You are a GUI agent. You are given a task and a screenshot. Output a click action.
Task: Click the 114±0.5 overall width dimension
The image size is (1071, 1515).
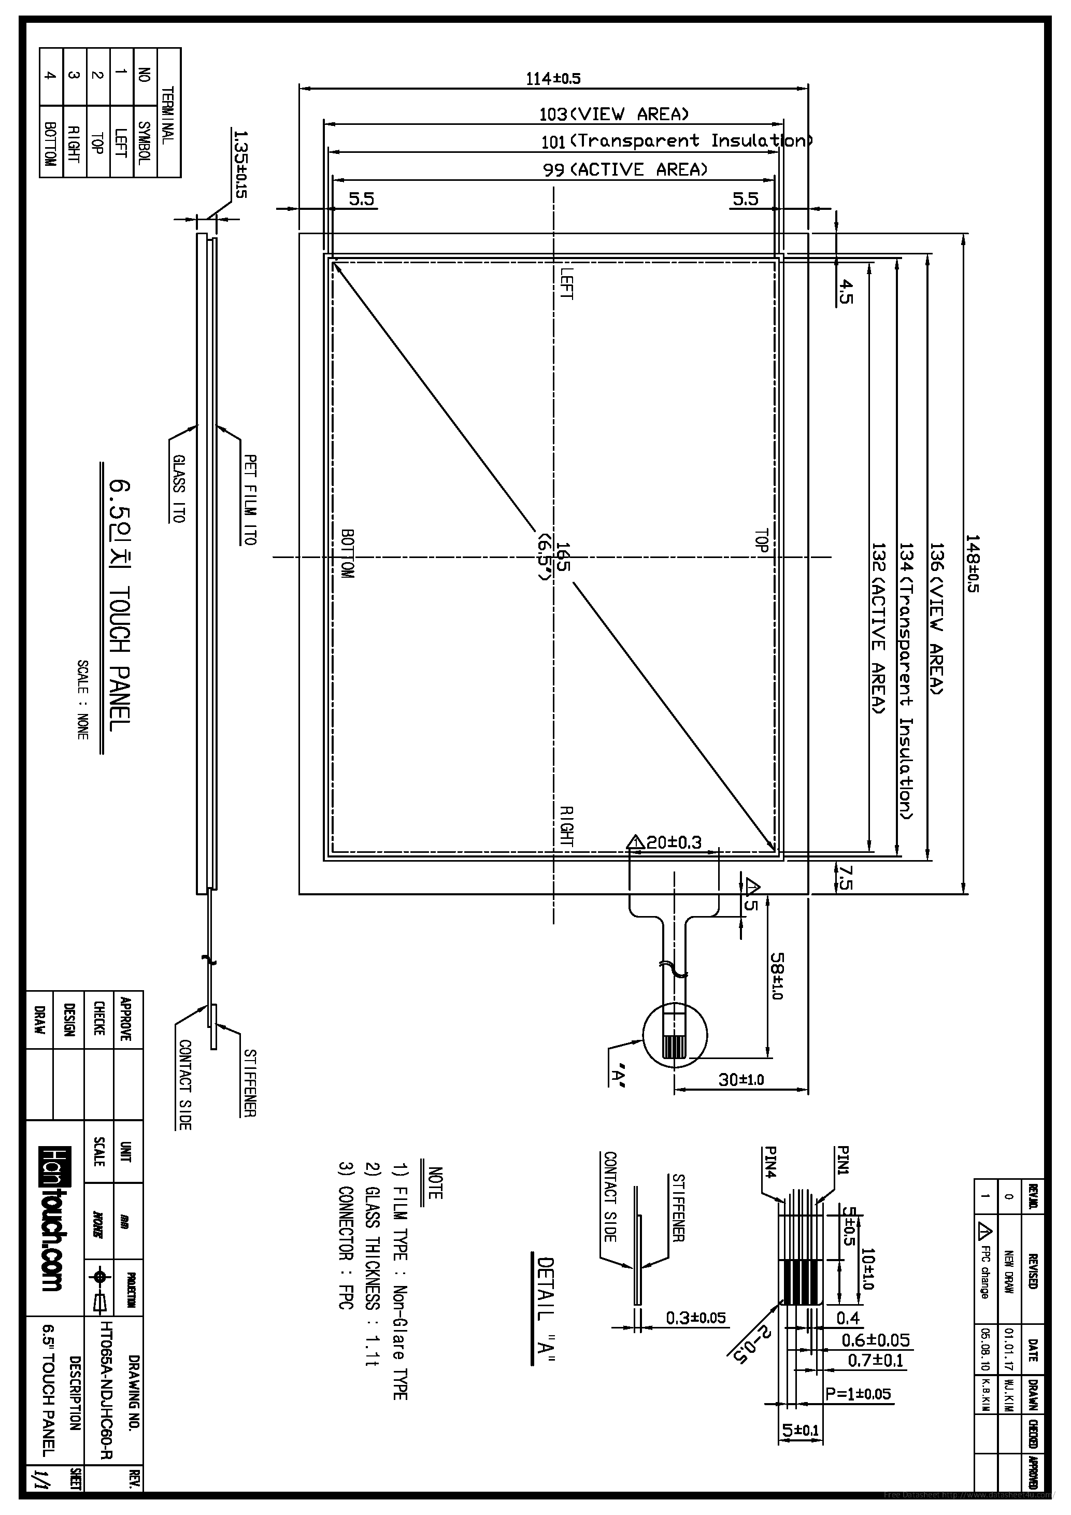coord(553,79)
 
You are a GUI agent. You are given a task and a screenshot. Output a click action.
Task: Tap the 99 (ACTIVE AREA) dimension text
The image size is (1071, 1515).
coord(625,169)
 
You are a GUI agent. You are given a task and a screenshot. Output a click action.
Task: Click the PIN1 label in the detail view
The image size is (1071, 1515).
coord(842,1161)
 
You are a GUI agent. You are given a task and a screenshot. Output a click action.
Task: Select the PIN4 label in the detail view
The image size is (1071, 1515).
coord(770,1162)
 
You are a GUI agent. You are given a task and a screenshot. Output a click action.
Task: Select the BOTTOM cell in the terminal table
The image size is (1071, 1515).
coord(50,142)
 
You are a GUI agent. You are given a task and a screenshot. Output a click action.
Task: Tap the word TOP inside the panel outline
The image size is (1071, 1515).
coord(762,540)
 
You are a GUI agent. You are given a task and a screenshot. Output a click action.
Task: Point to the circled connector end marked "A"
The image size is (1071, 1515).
coord(675,1035)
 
